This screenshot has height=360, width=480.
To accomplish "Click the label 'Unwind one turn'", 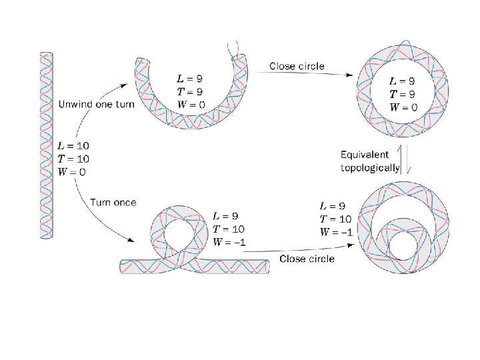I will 97,105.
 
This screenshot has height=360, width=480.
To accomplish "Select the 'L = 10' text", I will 73,146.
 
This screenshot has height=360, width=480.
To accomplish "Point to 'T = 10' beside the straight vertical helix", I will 73,159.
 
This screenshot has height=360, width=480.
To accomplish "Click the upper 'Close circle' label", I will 297,66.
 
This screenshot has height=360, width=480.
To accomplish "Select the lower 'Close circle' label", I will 307,258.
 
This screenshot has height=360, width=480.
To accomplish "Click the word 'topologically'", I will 370,168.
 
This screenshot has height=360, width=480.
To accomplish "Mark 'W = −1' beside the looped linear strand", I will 229,241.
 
